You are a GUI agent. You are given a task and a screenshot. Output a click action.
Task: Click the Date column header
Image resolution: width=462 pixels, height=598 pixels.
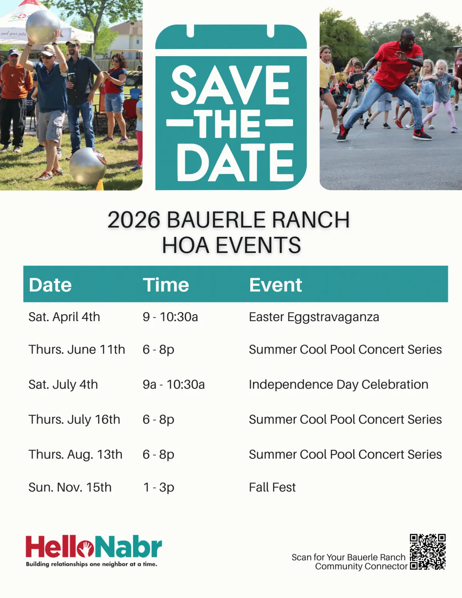click(x=50, y=285)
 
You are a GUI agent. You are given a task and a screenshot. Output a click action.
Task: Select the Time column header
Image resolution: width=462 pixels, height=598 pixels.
click(x=166, y=285)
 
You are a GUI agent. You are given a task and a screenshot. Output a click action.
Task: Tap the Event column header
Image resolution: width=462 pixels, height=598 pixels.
click(x=275, y=285)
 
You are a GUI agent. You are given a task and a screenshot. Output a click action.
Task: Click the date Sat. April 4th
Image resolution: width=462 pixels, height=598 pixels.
click(x=64, y=317)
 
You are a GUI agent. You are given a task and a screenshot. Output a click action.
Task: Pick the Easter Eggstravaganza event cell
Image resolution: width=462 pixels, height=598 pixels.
click(x=314, y=317)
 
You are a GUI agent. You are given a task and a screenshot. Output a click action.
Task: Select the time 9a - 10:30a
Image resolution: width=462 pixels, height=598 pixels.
click(x=174, y=384)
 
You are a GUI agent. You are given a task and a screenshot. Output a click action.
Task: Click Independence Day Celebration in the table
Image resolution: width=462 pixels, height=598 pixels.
click(x=338, y=385)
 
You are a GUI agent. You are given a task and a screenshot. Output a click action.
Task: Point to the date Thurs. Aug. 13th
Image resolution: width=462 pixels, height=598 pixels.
click(x=75, y=454)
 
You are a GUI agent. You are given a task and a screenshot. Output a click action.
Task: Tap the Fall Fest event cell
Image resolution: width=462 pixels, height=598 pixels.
click(x=272, y=487)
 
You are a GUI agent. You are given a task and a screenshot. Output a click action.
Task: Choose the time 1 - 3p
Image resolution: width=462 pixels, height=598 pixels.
click(x=159, y=487)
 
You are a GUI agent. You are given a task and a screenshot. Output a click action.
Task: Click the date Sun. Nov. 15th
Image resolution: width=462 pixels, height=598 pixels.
click(x=70, y=487)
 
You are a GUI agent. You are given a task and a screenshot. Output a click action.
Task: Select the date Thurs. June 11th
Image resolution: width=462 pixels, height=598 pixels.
click(x=77, y=350)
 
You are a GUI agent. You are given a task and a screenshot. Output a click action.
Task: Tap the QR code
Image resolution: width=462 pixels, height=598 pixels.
click(x=428, y=552)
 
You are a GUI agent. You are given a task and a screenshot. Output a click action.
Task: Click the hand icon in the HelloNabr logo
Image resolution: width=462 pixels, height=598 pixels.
click(x=86, y=549)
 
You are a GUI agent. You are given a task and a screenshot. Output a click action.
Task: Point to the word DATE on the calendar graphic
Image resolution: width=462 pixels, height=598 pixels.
click(x=235, y=162)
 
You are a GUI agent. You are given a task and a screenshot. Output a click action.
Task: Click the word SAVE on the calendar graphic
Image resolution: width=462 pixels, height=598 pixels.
click(x=231, y=85)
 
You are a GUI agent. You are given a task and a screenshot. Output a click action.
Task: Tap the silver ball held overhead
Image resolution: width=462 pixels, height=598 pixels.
click(x=43, y=27)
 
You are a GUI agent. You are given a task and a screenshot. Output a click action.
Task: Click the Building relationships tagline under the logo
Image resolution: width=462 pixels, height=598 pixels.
click(x=92, y=564)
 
